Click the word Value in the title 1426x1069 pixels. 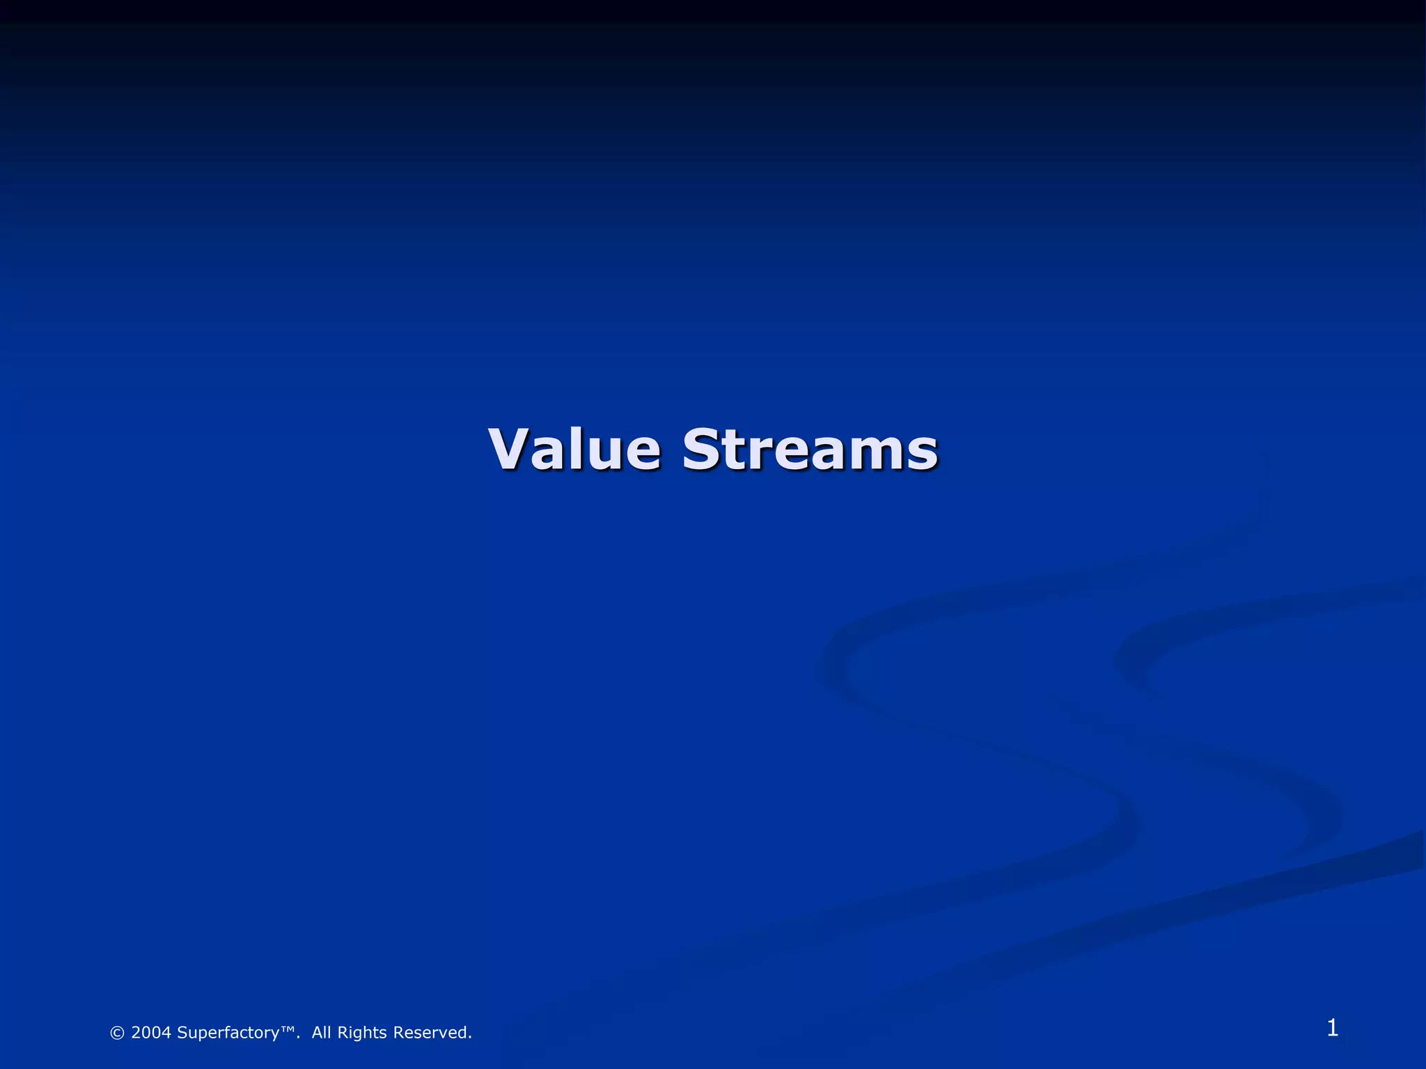pos(574,449)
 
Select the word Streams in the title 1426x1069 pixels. pos(810,449)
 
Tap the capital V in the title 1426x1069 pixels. pos(512,449)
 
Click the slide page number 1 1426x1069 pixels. pos(1332,1028)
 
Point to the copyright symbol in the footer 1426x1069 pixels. pos(117,1034)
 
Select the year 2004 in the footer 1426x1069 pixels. pos(151,1033)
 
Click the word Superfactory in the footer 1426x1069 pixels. pos(228,1034)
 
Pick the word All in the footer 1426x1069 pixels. pos(321,1033)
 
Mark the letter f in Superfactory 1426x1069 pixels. pos(234,1033)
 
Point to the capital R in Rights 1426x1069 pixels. pos(343,1033)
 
